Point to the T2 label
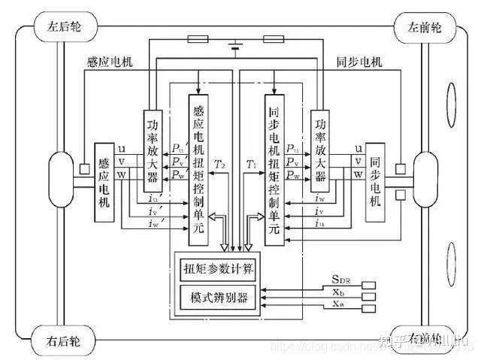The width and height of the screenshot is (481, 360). [219, 163]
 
